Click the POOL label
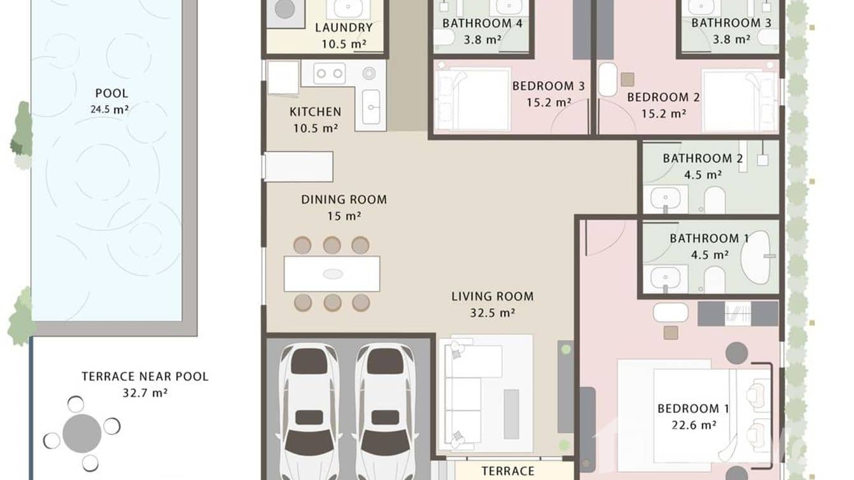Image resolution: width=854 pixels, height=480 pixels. pos(111,94)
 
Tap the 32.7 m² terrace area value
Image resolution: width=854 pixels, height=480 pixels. pos(144,393)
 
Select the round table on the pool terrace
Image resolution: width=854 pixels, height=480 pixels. pos(81,434)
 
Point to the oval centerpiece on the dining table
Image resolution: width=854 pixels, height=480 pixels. pos(332,274)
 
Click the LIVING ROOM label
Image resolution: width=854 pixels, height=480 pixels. pos(492,296)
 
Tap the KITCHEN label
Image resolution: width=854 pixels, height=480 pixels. pos(315,112)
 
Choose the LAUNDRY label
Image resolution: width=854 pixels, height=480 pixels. pos(344,28)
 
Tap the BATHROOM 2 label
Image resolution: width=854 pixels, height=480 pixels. pos(703,159)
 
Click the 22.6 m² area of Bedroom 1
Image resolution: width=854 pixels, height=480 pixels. pos(693,425)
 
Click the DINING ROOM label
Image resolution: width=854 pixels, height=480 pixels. pos(344,200)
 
